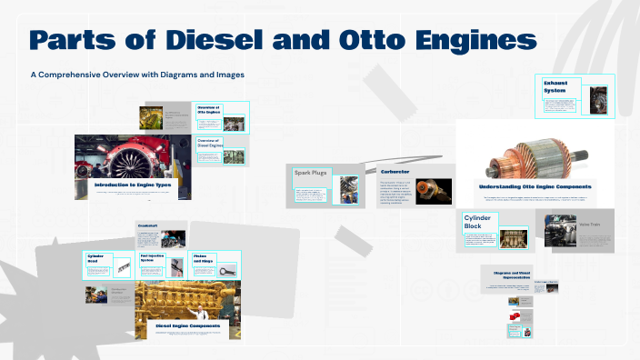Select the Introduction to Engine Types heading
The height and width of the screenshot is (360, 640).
tap(133, 185)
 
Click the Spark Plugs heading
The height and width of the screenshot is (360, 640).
tap(310, 173)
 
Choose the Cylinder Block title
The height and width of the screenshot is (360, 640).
tap(480, 223)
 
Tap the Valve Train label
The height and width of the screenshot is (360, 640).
tap(590, 222)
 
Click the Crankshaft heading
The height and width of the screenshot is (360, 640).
tap(147, 225)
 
